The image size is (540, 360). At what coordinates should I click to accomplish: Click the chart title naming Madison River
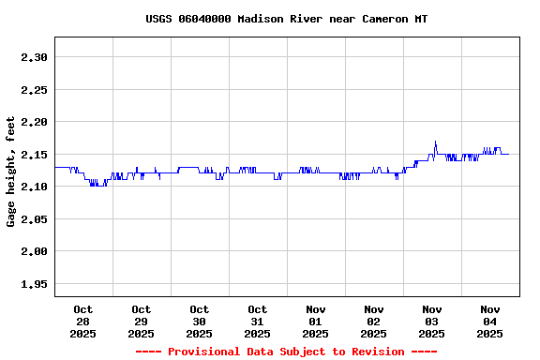(x=287, y=19)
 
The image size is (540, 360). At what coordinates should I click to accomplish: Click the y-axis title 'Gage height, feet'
(x=11, y=172)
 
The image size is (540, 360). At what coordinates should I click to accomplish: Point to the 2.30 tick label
(x=34, y=57)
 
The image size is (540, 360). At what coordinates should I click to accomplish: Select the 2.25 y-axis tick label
(x=34, y=90)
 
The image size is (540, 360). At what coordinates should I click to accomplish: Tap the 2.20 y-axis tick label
(x=34, y=122)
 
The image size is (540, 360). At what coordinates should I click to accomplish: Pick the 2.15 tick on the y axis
(x=34, y=155)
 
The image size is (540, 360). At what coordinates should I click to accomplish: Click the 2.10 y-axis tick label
(x=34, y=187)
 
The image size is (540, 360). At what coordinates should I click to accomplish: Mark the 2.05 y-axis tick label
(x=34, y=219)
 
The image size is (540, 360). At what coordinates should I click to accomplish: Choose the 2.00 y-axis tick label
(x=34, y=251)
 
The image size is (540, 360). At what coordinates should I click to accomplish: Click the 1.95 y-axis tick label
(x=34, y=284)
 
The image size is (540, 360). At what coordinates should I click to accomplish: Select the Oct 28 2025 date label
(x=83, y=321)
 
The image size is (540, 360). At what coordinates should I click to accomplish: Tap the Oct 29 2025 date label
(x=142, y=321)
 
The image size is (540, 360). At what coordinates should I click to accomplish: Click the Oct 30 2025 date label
(x=200, y=321)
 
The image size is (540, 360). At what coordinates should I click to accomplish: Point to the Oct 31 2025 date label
(x=258, y=321)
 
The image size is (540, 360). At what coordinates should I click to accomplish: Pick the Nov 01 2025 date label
(x=316, y=321)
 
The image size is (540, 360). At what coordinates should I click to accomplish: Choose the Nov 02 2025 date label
(x=374, y=321)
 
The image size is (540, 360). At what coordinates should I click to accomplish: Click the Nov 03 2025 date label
(x=432, y=321)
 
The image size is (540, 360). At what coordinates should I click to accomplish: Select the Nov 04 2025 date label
(x=490, y=321)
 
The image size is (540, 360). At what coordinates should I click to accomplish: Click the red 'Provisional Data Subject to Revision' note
(x=286, y=352)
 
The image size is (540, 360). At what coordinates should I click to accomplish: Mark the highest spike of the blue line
(x=435, y=142)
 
